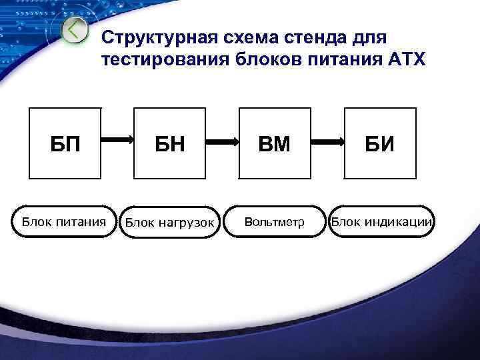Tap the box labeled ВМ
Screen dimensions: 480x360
point(274,143)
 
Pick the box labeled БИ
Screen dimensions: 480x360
point(380,143)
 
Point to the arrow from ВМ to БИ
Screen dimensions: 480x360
point(326,141)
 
